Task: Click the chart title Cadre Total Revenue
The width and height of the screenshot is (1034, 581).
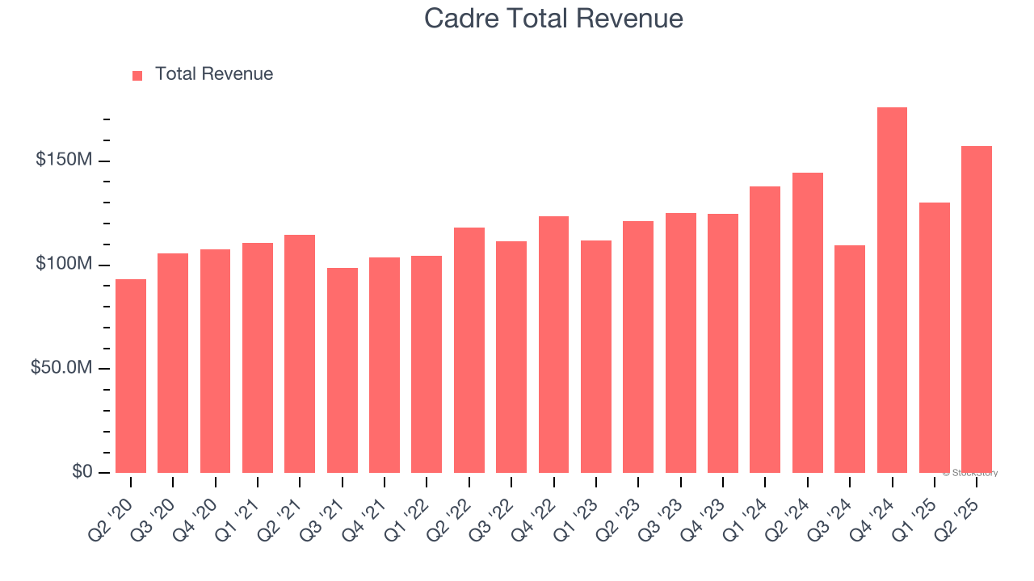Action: coord(553,19)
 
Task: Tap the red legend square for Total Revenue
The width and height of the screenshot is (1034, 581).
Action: coord(137,75)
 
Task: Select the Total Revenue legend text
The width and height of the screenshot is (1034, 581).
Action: coord(214,74)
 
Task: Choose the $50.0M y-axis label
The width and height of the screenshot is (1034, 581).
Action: coord(61,368)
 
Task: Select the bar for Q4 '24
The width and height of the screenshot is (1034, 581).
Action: coord(892,290)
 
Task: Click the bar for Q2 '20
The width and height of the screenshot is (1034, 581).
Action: coord(131,376)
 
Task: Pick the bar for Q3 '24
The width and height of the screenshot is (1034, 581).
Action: coord(850,359)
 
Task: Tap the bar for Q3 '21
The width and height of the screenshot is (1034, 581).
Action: coord(343,370)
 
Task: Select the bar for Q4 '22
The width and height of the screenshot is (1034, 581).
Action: coord(553,345)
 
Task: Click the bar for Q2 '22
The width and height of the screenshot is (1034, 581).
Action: coord(469,350)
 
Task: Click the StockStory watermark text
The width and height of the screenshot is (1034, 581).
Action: coord(970,473)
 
